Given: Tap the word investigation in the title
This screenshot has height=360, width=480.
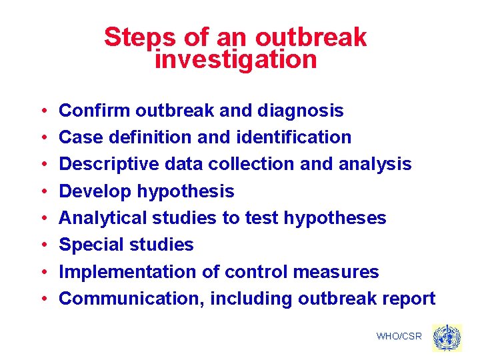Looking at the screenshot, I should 235,60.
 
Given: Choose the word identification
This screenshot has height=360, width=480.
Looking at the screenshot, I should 294,137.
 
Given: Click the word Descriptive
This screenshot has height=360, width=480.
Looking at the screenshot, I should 109,164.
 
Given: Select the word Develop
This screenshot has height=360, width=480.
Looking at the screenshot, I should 95,191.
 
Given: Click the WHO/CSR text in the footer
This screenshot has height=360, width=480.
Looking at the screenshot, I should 399,337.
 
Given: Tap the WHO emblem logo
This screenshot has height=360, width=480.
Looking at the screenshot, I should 446,337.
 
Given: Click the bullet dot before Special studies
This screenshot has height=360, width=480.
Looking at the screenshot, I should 42,245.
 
